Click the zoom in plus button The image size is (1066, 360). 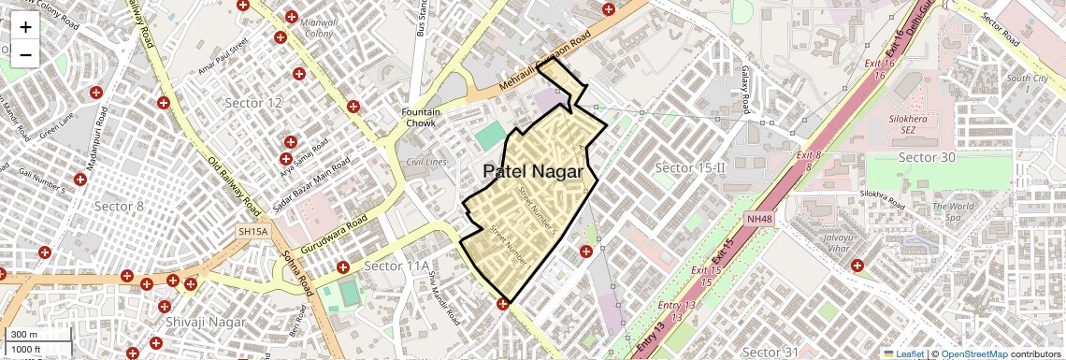[x=25, y=27]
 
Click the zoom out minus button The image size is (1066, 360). [x=25, y=55]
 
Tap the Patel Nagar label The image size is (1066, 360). [x=532, y=172]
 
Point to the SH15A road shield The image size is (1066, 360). [x=252, y=229]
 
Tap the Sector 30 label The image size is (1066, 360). [x=927, y=157]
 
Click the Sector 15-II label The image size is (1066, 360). [x=690, y=167]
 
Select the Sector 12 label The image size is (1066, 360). [x=253, y=102]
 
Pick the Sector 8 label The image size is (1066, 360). [x=120, y=206]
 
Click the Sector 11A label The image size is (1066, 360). [x=396, y=266]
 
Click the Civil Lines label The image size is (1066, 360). [x=426, y=162]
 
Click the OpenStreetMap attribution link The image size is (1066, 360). [x=973, y=353]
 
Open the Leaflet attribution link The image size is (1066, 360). [x=905, y=353]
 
